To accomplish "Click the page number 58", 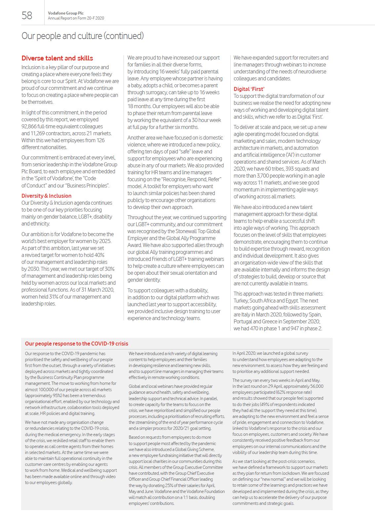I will pyautogui.click(x=27, y=15).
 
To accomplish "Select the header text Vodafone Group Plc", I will pyautogui.click(x=66, y=13).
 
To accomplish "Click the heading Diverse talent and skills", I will pyautogui.click(x=57, y=58).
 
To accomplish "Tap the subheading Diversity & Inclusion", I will pyautogui.click(x=46, y=196).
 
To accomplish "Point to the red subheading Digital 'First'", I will pyautogui.click(x=249, y=89).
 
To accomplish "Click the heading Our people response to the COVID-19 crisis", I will pyautogui.click(x=76, y=344).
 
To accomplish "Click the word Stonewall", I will pyautogui.click(x=187, y=231).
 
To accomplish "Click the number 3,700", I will pyautogui.click(x=264, y=176).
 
